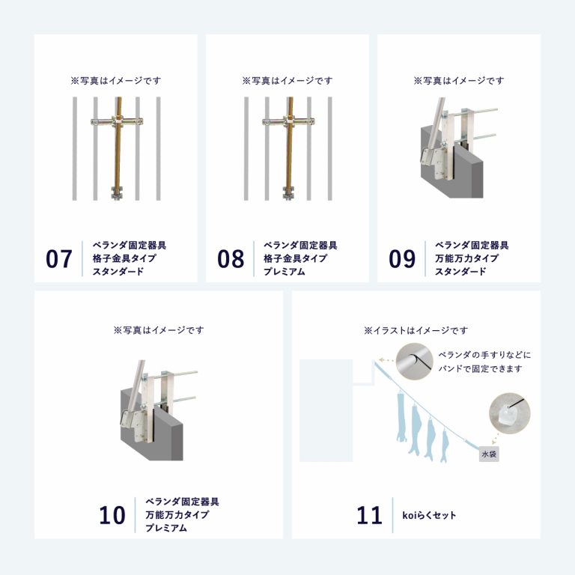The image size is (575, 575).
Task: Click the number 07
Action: [x=58, y=259]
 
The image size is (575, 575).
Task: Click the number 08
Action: [x=231, y=259]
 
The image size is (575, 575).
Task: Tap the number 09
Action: [x=402, y=259]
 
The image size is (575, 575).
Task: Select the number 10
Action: [x=112, y=515]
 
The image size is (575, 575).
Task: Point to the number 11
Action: [x=369, y=515]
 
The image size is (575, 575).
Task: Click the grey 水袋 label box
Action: [x=489, y=454]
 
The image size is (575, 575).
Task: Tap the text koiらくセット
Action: [x=429, y=515]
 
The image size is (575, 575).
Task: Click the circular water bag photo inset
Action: [x=510, y=413]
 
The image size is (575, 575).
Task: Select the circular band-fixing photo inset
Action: [x=415, y=362]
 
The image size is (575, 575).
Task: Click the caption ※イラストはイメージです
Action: [x=416, y=330]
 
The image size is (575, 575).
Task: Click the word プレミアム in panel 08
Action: [x=285, y=272]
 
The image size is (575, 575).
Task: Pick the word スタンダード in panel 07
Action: [x=118, y=272]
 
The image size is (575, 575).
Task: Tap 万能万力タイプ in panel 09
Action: [x=467, y=258]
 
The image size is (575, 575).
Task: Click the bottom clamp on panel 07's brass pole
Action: [x=118, y=193]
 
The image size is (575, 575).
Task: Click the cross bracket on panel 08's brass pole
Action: [x=288, y=121]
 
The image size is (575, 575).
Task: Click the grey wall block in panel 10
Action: [x=152, y=425]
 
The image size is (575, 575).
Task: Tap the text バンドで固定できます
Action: [x=480, y=368]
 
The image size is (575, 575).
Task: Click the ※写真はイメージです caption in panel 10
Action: [x=159, y=330]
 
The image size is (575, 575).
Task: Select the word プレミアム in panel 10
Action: [x=166, y=528]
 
